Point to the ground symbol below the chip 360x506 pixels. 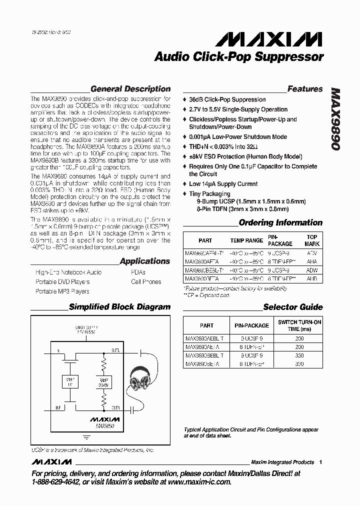point(86,436)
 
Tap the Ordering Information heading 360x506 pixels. point(280,222)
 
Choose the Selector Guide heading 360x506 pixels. point(292,307)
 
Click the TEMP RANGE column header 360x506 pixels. point(246,240)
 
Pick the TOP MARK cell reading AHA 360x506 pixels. point(311,261)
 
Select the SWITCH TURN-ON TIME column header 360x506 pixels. point(299,325)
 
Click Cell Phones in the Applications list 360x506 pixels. point(146,281)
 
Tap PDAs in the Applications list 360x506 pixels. point(138,272)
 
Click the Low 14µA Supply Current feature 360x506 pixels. point(223,184)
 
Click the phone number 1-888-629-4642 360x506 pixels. point(59,482)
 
